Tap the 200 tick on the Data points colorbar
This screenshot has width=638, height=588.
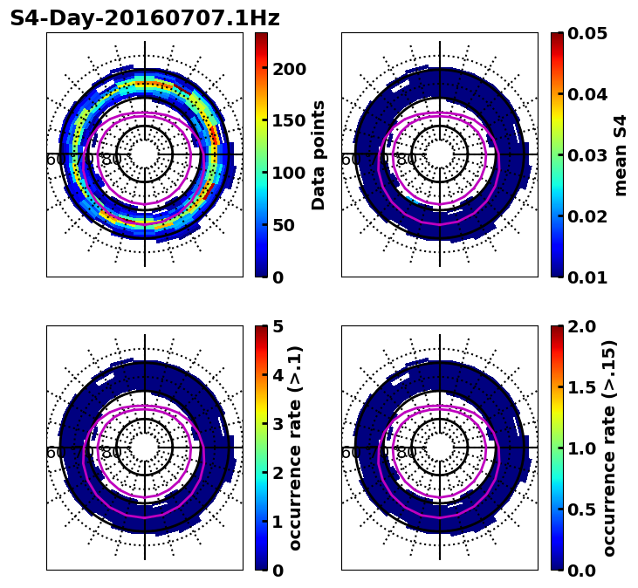coord(290,70)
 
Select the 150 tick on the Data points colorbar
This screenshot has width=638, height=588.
coord(290,121)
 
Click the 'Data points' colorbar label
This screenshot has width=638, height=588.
coord(319,155)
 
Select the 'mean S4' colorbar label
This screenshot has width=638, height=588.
coord(621,155)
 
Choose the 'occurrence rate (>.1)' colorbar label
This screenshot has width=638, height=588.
coord(295,448)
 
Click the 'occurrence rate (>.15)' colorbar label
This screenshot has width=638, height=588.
coord(609,448)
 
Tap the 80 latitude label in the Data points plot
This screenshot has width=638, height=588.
coord(112,160)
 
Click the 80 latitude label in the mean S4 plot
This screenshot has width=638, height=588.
coord(407,160)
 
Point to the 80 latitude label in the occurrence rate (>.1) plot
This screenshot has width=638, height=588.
coord(112,453)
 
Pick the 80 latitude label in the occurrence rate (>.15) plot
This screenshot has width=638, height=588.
coord(407,453)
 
